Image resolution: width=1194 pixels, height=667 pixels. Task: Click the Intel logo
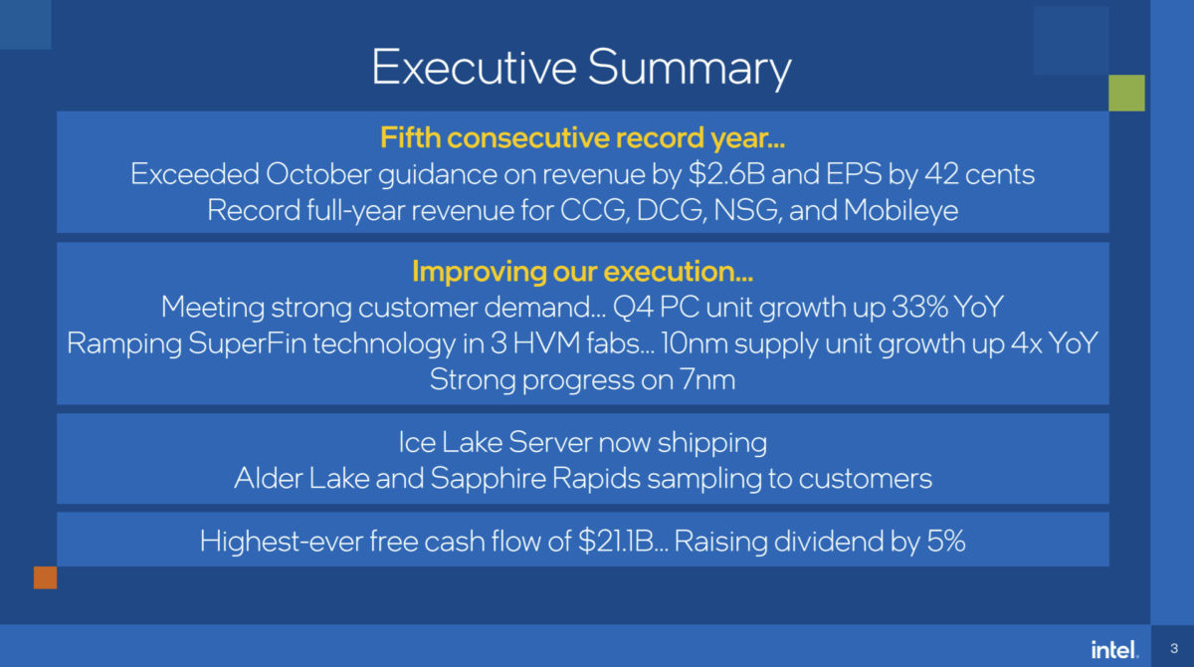[x=1113, y=650]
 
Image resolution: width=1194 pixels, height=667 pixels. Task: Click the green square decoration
[x=1127, y=93]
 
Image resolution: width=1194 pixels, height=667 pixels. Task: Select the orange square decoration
[x=46, y=577]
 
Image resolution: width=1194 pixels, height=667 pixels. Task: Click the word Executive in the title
[x=472, y=68]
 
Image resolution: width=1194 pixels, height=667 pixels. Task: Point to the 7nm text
[x=705, y=378]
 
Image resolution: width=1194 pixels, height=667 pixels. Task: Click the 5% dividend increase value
[x=945, y=542]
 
